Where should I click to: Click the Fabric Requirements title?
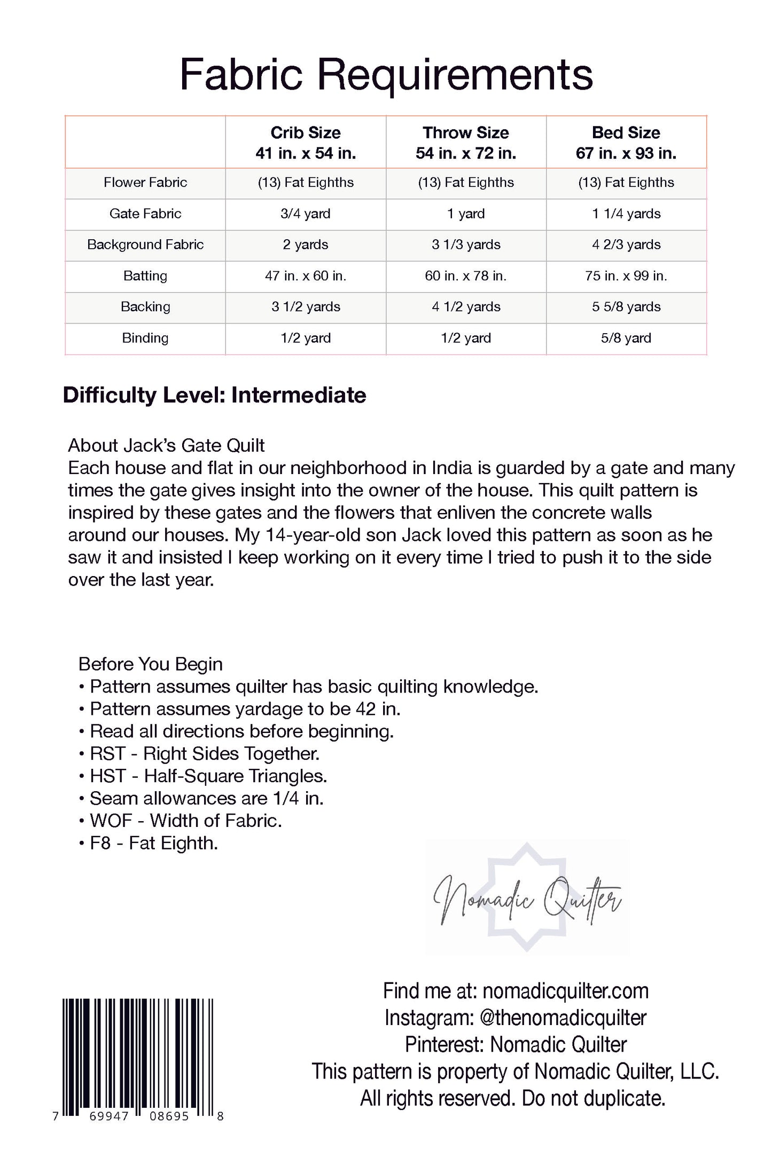(x=386, y=75)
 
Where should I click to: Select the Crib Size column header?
(x=306, y=143)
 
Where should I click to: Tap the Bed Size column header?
(x=626, y=143)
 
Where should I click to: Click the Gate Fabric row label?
(x=145, y=214)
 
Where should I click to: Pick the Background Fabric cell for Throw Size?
(x=466, y=245)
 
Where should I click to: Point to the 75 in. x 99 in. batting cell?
(x=626, y=275)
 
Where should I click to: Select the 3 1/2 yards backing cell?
(x=306, y=306)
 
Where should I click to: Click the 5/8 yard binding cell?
(x=626, y=338)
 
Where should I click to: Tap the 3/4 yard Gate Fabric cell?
(x=306, y=214)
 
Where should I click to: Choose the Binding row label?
(x=145, y=338)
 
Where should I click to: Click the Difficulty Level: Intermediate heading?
(x=214, y=396)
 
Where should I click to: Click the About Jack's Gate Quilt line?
(x=166, y=445)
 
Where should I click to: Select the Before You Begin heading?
(x=150, y=664)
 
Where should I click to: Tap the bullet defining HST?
(x=203, y=776)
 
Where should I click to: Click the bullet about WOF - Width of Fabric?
(x=181, y=821)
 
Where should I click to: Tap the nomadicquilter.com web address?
(x=565, y=991)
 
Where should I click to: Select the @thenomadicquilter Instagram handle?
(x=563, y=1018)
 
